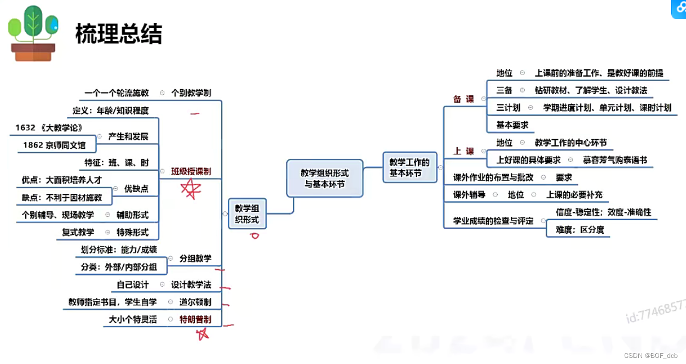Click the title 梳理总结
point(118,34)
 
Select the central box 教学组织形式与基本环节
point(325,178)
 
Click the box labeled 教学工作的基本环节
point(410,167)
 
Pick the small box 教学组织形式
point(247,213)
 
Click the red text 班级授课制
point(191,171)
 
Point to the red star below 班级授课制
point(191,189)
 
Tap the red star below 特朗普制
point(203,333)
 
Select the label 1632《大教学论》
point(49,128)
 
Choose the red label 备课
point(464,99)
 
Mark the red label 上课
point(464,151)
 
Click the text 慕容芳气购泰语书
point(615,160)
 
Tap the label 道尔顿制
point(195,302)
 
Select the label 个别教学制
point(191,93)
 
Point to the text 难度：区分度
point(580,229)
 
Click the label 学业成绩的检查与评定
point(493,221)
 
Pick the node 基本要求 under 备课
point(512,125)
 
